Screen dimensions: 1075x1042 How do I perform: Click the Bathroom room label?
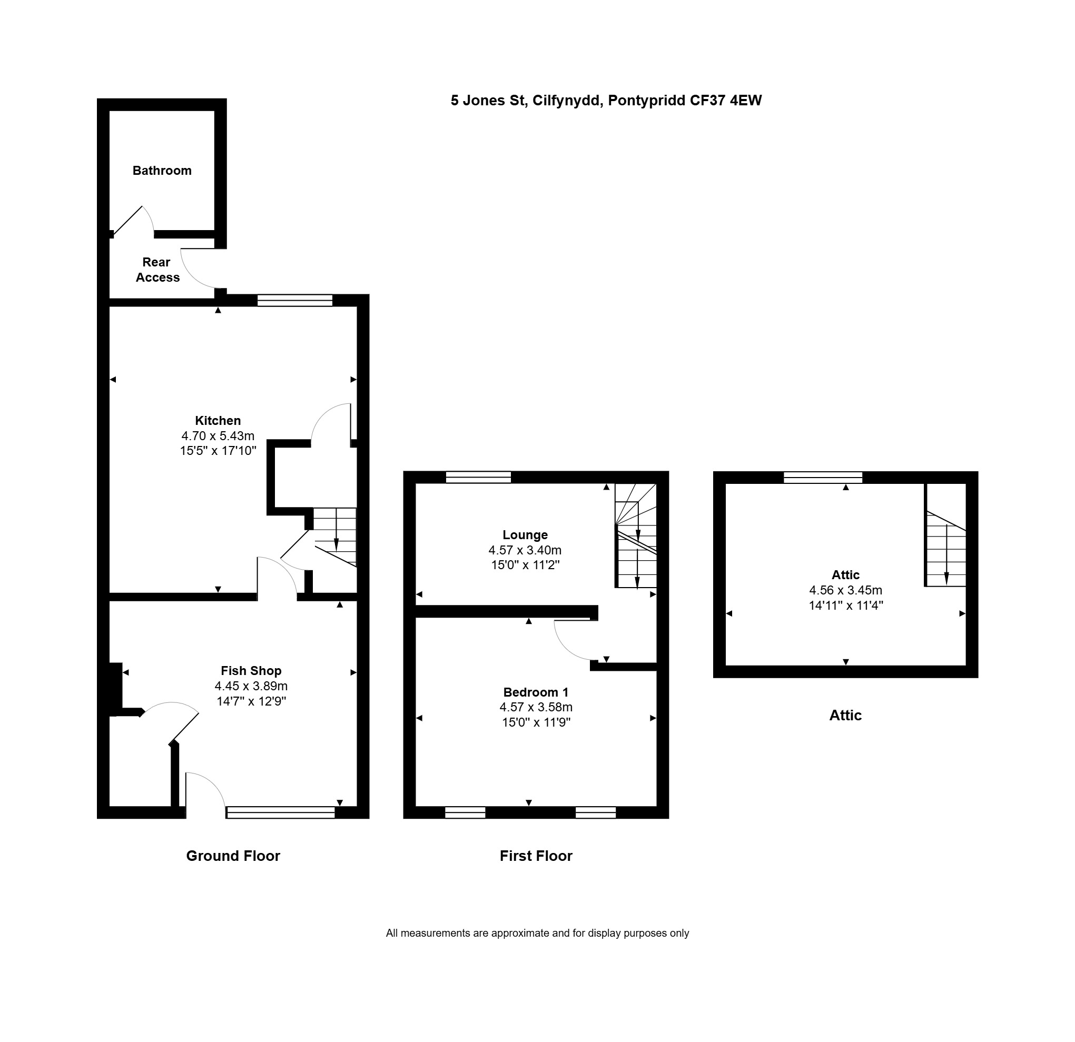coord(162,171)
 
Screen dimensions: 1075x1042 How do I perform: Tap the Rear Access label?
coord(157,270)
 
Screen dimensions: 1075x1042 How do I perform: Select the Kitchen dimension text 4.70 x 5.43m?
coord(218,436)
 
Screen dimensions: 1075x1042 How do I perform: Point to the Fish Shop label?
coord(251,670)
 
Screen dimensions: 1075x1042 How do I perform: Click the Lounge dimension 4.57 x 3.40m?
coord(525,550)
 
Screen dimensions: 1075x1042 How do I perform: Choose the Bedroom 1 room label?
coord(536,692)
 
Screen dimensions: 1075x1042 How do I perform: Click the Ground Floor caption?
coord(233,856)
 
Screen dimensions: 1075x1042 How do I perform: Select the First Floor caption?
coord(536,856)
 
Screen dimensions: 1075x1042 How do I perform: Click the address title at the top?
coord(606,101)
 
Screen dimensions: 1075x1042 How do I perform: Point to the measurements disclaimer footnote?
coord(537,933)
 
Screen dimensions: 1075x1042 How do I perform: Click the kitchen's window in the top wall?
coord(295,300)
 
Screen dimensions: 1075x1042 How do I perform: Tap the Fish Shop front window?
coord(281,812)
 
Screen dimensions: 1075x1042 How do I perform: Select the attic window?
coord(823,477)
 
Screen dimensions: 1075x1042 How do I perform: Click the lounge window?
coord(478,477)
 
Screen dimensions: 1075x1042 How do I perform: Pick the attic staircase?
coord(945,549)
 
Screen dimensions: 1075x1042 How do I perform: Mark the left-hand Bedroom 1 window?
coord(465,812)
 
